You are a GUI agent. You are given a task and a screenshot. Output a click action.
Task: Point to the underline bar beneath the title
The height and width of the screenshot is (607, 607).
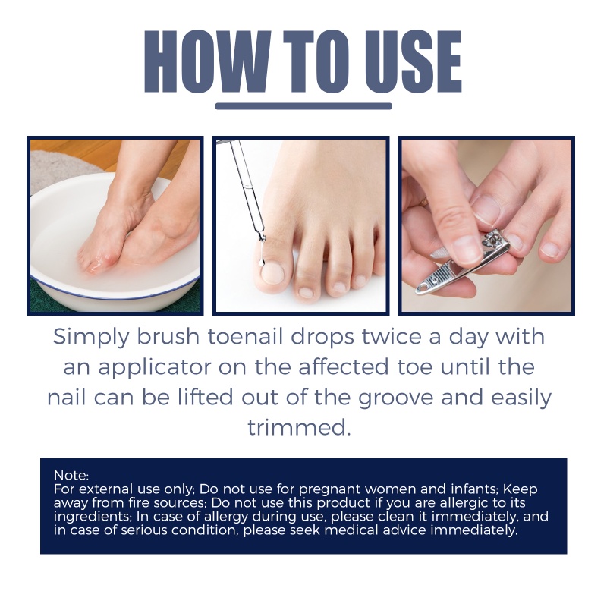click(x=303, y=106)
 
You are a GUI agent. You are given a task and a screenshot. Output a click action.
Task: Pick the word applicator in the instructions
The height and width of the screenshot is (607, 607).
click(x=162, y=368)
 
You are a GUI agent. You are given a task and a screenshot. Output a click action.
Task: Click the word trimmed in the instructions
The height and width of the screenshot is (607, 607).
click(x=300, y=427)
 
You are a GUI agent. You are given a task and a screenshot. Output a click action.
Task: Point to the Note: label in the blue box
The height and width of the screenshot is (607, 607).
click(x=71, y=476)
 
